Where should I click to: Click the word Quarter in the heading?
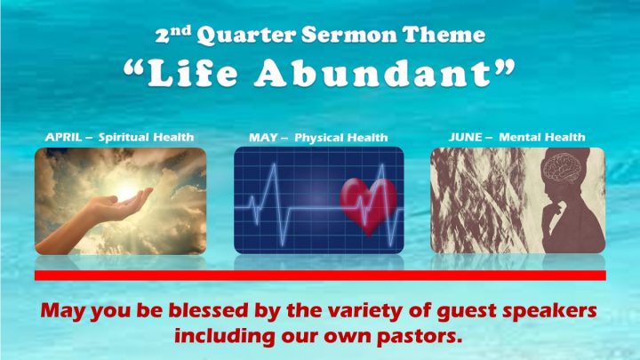point(245,35)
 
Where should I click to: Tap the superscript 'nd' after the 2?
point(180,29)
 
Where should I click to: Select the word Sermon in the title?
point(349,35)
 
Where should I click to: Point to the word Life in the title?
point(192,73)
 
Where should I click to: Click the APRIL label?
point(63,137)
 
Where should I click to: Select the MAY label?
point(263,137)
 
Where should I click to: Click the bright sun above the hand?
point(125,191)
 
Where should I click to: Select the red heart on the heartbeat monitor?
point(369,205)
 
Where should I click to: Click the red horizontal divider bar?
point(320,276)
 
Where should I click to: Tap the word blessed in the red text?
point(208,310)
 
